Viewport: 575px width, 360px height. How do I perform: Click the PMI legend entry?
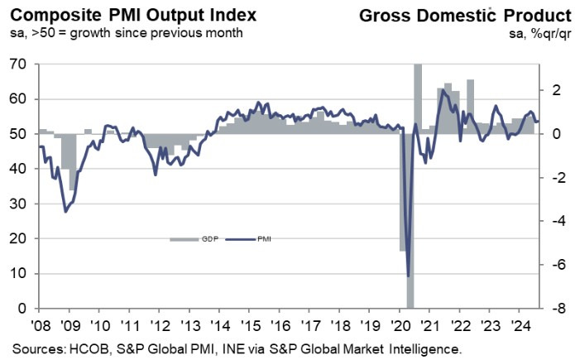(252, 239)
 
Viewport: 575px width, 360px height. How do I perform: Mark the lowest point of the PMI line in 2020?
(408, 276)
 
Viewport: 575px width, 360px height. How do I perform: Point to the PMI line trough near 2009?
(65, 212)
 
